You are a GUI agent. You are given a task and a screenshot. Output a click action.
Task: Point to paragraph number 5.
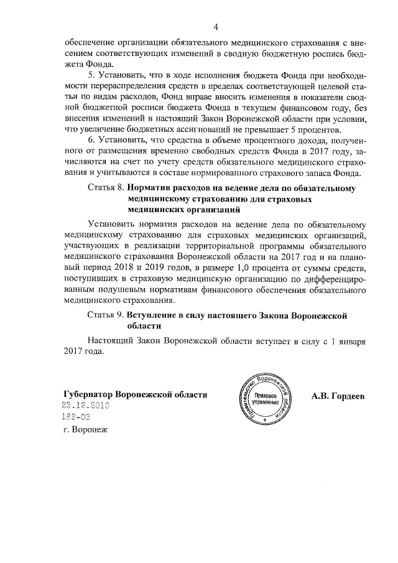click(91, 75)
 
